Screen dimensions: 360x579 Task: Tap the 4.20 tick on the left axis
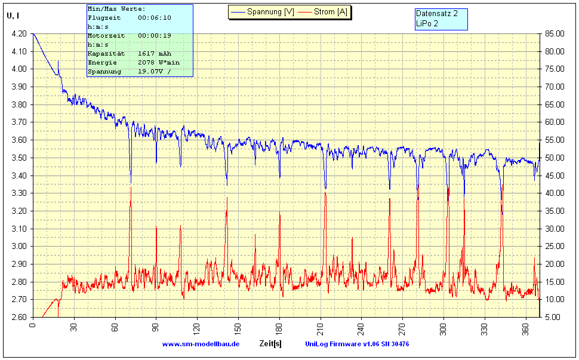click(x=19, y=34)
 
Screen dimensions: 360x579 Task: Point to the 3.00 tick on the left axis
click(x=19, y=246)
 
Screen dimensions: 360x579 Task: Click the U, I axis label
click(x=13, y=16)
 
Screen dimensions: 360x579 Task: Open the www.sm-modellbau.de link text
click(x=201, y=344)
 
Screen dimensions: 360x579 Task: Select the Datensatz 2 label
click(x=436, y=13)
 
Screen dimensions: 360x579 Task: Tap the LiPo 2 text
click(x=427, y=23)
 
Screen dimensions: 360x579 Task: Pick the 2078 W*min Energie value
click(x=158, y=63)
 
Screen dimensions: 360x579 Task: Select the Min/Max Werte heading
click(x=116, y=9)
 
